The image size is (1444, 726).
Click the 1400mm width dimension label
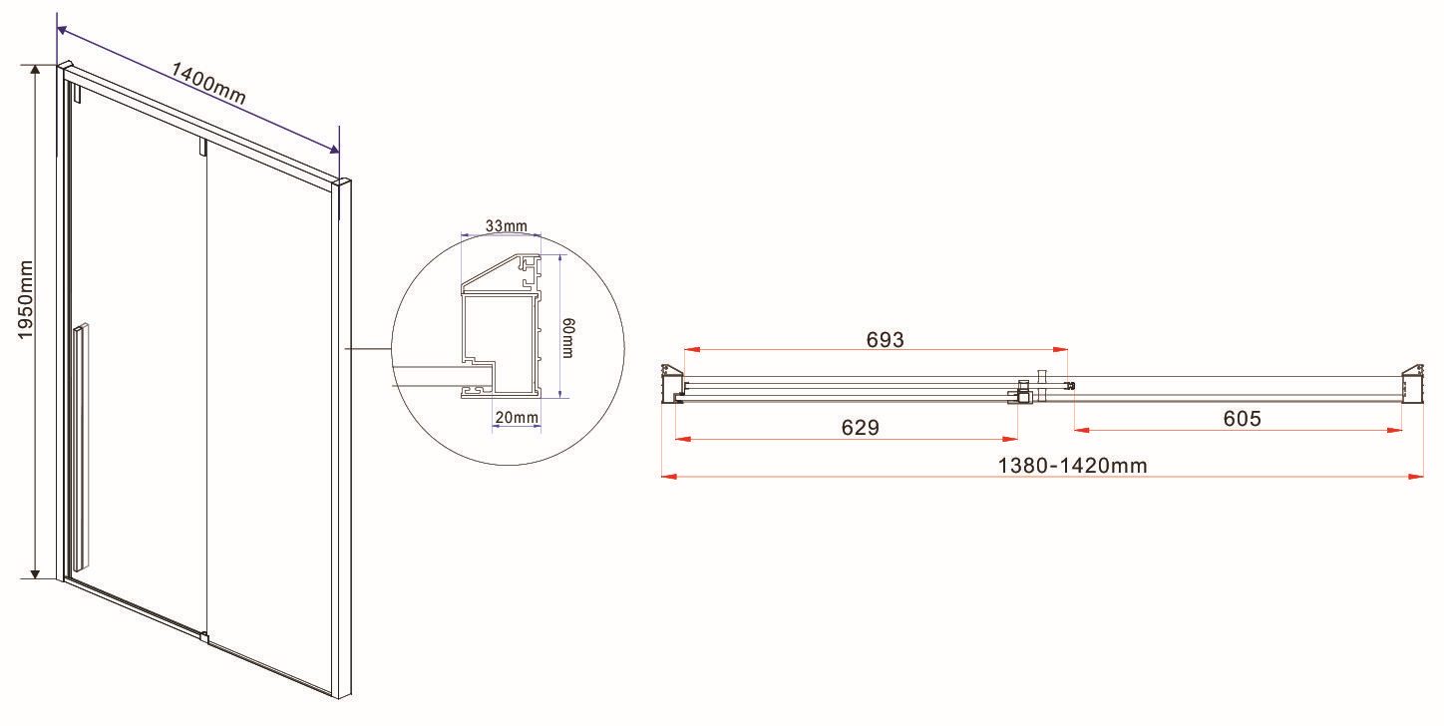click(x=208, y=84)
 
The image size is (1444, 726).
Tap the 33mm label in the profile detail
click(x=506, y=226)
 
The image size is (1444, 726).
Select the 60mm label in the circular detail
click(x=567, y=338)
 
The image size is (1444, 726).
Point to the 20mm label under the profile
click(x=518, y=417)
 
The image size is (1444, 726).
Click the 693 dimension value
click(x=885, y=339)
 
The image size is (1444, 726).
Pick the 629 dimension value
click(x=860, y=428)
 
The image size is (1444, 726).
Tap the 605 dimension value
click(x=1242, y=419)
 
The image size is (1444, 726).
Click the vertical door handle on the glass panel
click(x=81, y=444)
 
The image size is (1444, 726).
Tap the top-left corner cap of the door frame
click(x=65, y=68)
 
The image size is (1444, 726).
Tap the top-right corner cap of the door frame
click(x=344, y=182)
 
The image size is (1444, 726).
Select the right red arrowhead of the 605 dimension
click(x=1396, y=430)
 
